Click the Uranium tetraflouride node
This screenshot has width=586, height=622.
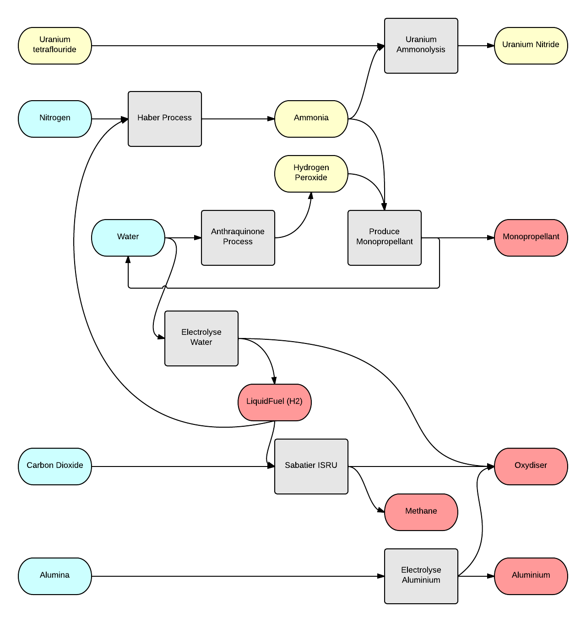[55, 46]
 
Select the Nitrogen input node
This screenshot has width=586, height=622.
[55, 119]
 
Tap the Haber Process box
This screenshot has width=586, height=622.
[165, 119]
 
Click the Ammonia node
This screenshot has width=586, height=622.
[311, 119]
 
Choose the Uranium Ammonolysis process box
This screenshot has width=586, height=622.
[421, 46]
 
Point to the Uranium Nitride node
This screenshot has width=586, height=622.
[531, 46]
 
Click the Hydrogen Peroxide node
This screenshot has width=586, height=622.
[311, 174]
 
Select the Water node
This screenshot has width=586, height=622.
[128, 238]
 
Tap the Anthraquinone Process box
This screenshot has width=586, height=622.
[238, 238]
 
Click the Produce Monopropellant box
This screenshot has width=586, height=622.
[385, 238]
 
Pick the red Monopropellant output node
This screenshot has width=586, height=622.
[531, 238]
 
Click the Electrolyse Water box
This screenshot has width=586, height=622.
[201, 338]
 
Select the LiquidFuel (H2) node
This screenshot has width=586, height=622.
[275, 402]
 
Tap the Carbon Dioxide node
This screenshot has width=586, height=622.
[55, 466]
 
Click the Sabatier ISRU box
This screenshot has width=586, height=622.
[311, 466]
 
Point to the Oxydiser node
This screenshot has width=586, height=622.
[531, 466]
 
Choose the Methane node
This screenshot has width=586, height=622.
[421, 512]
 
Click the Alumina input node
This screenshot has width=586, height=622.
[55, 576]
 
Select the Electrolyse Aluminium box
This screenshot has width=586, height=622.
[421, 576]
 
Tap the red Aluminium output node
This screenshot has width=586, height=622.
[531, 576]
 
